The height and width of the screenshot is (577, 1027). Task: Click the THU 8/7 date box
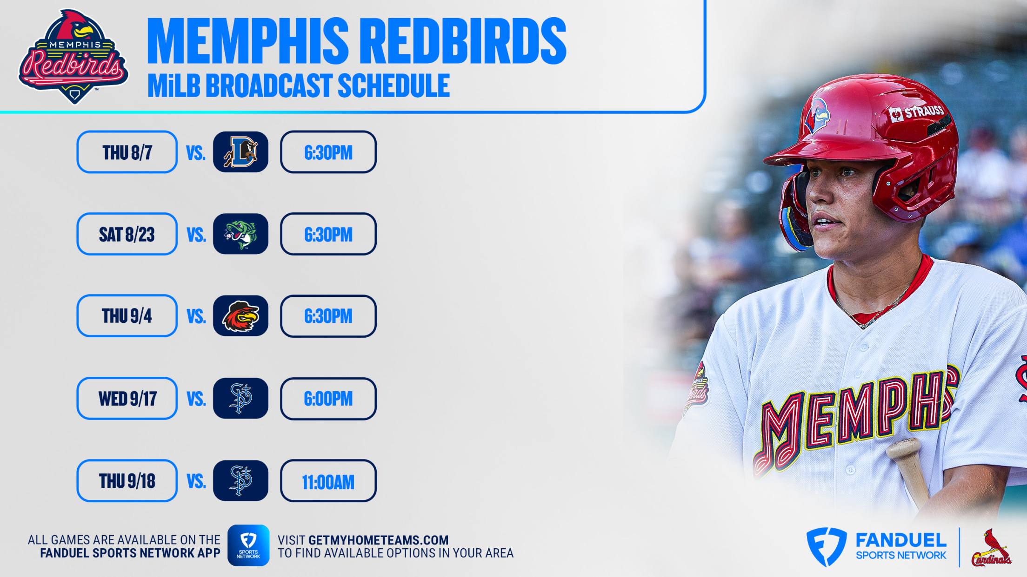tap(127, 152)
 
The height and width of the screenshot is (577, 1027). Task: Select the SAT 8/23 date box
tap(127, 234)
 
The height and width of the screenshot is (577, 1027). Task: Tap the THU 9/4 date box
tap(127, 316)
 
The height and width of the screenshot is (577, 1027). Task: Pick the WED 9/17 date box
tap(127, 399)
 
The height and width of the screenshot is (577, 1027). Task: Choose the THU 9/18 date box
tap(127, 481)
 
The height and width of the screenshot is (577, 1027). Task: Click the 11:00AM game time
tap(328, 481)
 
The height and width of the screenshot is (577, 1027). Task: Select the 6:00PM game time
tap(328, 399)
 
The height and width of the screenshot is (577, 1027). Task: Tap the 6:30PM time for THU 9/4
tap(328, 316)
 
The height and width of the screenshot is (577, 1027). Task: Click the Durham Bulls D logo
tap(240, 152)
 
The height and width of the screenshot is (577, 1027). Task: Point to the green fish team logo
tap(240, 234)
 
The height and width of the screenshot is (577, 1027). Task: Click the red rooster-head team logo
tap(240, 316)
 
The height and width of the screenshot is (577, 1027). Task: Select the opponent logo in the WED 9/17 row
tap(240, 399)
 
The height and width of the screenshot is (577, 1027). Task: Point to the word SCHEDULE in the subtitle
tap(394, 85)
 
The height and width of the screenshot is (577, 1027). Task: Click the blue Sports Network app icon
tap(248, 545)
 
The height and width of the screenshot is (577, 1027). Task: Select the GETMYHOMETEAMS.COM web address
tap(378, 540)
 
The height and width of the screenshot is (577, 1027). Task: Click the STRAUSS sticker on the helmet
tap(916, 112)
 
